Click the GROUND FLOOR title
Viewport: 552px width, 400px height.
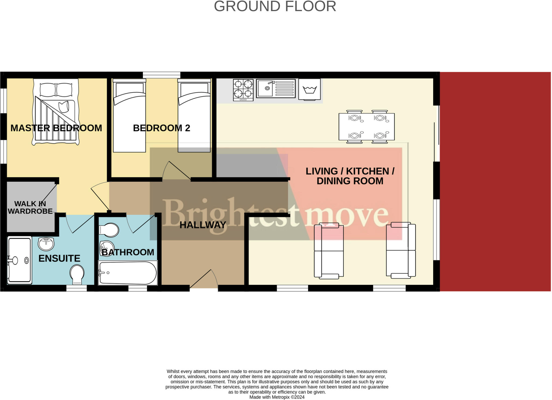(275, 6)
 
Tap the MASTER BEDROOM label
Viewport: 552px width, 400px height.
(56, 128)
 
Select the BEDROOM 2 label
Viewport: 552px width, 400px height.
(161, 128)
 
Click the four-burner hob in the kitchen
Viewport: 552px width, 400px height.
(243, 90)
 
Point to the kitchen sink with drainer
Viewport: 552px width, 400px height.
(275, 88)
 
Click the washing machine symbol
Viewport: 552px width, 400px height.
(309, 89)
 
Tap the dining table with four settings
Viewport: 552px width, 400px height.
(367, 126)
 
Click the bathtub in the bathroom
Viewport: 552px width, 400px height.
(128, 273)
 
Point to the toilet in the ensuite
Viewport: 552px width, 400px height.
(77, 274)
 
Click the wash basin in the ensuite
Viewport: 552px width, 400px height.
(46, 244)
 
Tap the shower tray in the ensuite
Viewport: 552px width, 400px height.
(19, 260)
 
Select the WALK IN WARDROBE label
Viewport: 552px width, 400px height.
(30, 207)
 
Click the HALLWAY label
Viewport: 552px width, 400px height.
(203, 225)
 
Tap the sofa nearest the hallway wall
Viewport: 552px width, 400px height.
(329, 250)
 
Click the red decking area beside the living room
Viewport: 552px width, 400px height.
(495, 181)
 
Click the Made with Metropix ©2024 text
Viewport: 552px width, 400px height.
(277, 397)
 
